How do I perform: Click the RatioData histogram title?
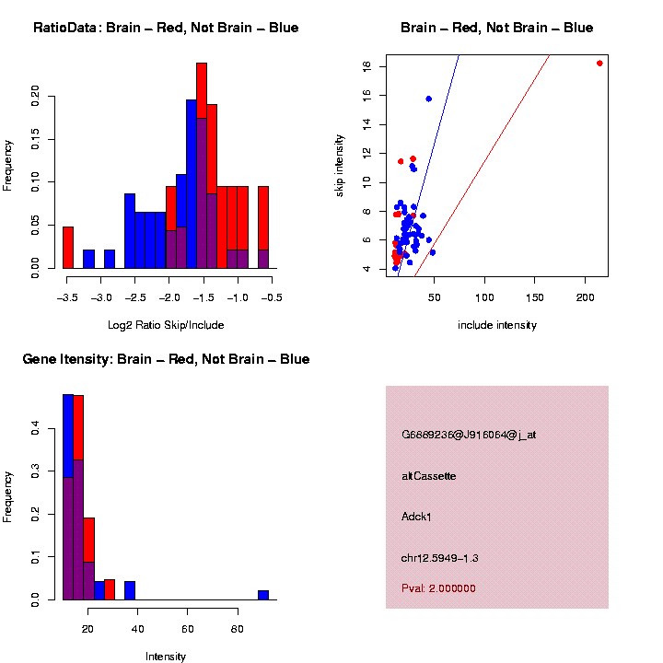(166, 29)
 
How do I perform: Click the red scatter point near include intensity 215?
(599, 64)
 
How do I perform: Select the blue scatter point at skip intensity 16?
(428, 99)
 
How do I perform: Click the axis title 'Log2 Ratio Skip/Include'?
(166, 324)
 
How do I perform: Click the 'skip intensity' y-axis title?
(340, 165)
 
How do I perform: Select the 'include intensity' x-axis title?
(497, 324)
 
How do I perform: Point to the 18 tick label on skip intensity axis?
(366, 67)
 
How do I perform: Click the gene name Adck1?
(417, 517)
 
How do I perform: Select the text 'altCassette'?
(429, 476)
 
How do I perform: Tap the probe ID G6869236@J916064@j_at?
(469, 435)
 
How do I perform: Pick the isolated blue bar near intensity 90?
(263, 595)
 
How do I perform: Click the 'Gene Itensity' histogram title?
(166, 359)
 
